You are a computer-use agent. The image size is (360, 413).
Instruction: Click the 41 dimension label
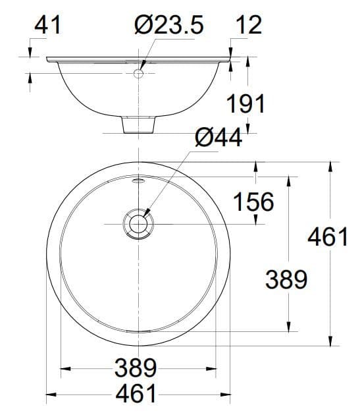tap(48, 25)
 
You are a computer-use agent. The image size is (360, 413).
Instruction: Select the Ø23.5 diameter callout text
tap(168, 25)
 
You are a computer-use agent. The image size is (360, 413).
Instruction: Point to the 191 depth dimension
tap(245, 103)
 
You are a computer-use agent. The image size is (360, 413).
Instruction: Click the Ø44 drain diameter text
tap(219, 138)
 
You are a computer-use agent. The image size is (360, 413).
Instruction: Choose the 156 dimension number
tap(253, 202)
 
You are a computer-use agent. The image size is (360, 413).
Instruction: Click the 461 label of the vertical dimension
tap(328, 236)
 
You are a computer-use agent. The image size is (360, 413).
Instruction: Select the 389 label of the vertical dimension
tap(286, 280)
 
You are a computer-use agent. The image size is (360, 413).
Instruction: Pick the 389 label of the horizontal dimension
tap(136, 367)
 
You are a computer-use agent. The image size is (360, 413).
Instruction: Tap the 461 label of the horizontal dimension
tap(136, 393)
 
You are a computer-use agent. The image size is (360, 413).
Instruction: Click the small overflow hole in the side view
tap(139, 73)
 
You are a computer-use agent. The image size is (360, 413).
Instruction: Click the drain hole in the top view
tap(138, 224)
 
